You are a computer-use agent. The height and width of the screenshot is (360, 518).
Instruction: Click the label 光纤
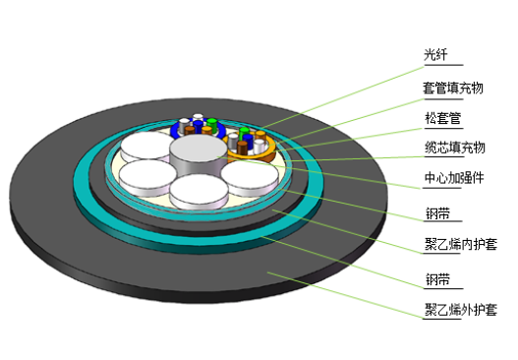(435, 55)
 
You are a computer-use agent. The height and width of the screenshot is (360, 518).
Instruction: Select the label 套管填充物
(453, 89)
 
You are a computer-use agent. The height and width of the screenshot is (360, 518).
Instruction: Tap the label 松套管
(442, 118)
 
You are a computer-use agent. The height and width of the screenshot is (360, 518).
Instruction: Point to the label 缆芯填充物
(454, 148)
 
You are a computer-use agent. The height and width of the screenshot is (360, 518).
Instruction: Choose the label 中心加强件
(454, 178)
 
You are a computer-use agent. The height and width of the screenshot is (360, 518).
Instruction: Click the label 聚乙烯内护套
(461, 244)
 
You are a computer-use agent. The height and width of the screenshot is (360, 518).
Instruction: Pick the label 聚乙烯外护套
(461, 310)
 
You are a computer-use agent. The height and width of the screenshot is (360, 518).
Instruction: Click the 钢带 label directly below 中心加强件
(437, 213)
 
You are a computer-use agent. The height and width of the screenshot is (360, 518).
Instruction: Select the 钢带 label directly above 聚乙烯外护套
(437, 279)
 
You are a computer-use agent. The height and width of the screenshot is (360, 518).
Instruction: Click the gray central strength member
(199, 155)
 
